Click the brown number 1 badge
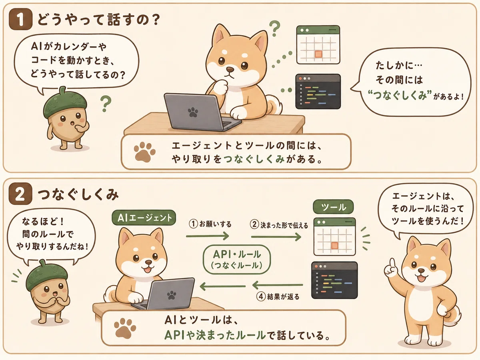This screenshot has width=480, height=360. point(20,19)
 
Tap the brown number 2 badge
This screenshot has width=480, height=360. point(20,194)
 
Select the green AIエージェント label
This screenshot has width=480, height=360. point(144,218)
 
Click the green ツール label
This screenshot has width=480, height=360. point(333,207)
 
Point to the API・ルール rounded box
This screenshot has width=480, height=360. point(237,260)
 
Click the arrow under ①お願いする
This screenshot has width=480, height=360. point(207,236)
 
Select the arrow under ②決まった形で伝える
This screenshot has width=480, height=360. point(276,237)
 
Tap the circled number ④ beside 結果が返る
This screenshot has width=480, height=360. point(261,297)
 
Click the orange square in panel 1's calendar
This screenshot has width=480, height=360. point(318,54)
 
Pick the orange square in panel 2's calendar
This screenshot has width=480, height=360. point(334,246)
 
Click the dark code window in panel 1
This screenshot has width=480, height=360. point(318,91)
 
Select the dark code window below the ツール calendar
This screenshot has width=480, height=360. point(334,280)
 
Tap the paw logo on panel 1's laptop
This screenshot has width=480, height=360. point(193,112)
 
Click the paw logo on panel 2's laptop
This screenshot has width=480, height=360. point(172,296)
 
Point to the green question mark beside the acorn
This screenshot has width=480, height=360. point(106,104)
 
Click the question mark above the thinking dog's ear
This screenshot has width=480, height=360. point(275,28)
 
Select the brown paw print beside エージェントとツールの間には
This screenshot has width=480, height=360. point(144,152)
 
